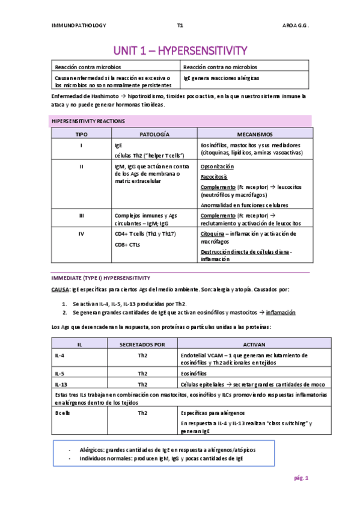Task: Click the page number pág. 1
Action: point(301,478)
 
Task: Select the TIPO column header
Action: point(81,134)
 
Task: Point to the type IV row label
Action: point(81,233)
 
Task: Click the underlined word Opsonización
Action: point(218,165)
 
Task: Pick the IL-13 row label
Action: point(62,384)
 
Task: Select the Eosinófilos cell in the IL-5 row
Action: point(196,373)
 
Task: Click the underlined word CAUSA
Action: point(60,289)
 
